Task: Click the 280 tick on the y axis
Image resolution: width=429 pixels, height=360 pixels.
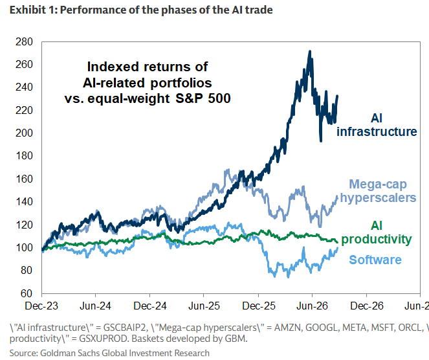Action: (x=24, y=42)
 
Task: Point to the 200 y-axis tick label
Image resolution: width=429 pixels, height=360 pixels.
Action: (x=24, y=133)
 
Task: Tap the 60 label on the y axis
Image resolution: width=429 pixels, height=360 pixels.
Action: (x=27, y=293)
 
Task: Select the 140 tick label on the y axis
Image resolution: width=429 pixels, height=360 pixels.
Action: (x=24, y=202)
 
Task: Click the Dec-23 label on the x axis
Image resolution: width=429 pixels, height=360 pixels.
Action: (x=41, y=306)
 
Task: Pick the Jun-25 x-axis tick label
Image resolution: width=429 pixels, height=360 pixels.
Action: (x=204, y=306)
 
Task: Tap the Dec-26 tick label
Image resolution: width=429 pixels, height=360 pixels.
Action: (x=367, y=306)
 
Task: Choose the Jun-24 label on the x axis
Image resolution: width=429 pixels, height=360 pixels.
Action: (x=95, y=306)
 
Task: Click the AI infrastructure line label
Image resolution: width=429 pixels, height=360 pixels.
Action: (x=377, y=125)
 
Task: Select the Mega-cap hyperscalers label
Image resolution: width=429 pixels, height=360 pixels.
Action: (x=378, y=191)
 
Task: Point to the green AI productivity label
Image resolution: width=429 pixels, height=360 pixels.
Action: (x=376, y=232)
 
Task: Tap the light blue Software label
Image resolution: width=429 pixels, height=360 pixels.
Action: (x=375, y=260)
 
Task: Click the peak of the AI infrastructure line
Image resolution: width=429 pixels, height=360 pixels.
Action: (x=310, y=51)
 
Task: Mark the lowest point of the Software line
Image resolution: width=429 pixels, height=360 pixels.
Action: (x=288, y=277)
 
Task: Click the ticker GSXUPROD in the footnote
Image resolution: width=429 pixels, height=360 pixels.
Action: (x=104, y=339)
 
